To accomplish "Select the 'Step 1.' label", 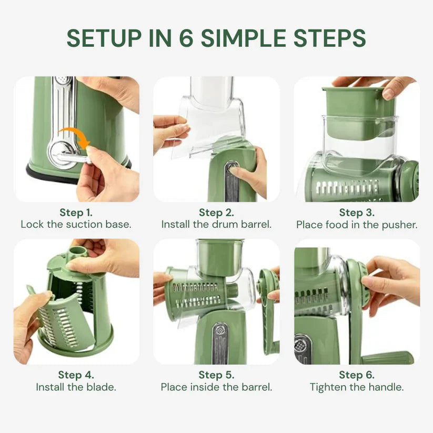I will point(76,213).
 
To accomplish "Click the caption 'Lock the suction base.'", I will point(76,225).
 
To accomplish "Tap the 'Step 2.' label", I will point(216,213).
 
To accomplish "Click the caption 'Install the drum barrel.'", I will point(216,225).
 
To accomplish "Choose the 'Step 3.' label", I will point(357,213).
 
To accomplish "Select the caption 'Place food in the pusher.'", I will point(357,225).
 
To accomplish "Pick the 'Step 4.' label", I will point(76,375).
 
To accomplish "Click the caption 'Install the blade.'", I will point(76,387).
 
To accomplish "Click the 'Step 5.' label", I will point(216,375).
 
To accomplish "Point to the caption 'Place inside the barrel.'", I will point(216,387).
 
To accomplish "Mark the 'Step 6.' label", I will point(357,375).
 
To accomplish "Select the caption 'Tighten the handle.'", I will point(357,387).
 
